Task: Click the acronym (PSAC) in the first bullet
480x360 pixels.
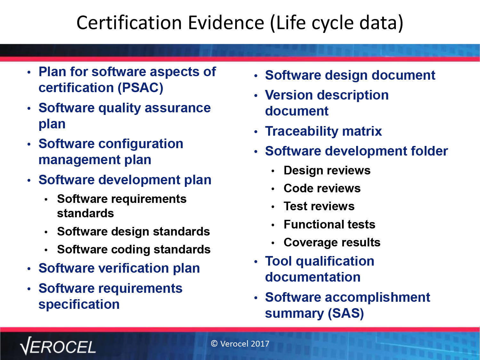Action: (x=140, y=88)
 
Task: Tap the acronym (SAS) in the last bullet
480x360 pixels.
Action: (x=346, y=314)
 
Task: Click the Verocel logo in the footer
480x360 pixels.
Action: (x=58, y=346)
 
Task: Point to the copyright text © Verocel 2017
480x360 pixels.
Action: (x=240, y=344)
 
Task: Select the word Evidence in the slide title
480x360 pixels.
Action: (x=226, y=23)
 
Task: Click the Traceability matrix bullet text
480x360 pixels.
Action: (x=324, y=131)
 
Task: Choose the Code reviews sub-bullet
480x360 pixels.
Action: (x=322, y=188)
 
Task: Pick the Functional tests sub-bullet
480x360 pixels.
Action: (x=329, y=224)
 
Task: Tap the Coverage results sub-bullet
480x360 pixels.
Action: (x=332, y=243)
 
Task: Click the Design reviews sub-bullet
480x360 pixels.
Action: (x=327, y=170)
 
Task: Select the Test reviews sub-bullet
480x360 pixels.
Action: (x=319, y=206)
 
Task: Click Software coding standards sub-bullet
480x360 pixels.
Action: (x=134, y=250)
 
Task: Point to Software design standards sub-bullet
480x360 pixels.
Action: (x=133, y=231)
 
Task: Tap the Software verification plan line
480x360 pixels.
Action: (x=119, y=268)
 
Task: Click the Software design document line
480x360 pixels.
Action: (x=350, y=76)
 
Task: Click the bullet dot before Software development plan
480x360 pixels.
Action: (x=29, y=180)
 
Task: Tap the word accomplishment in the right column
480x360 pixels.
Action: (x=377, y=298)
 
